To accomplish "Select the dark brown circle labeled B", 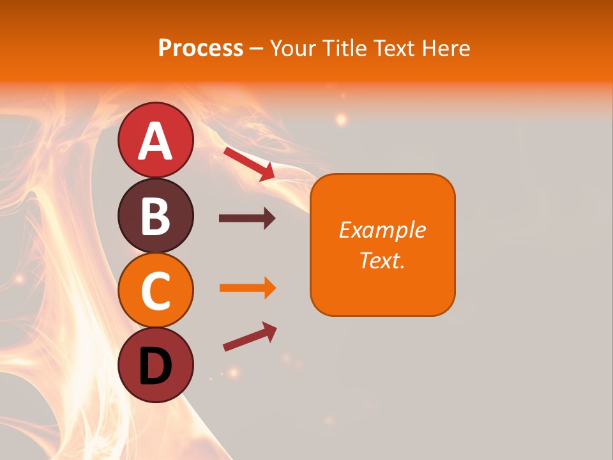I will coord(155,215).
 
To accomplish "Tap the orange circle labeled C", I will coord(155,291).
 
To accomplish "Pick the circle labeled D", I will coord(155,365).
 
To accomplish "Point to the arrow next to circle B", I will coord(247,218).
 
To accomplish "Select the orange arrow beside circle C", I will coord(248,288).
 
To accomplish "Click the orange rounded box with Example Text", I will coord(382,245).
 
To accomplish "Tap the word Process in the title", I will coord(201,48).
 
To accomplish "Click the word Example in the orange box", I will coord(382,230).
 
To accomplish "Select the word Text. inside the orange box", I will coord(382,260).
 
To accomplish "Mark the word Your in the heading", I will coord(293,48).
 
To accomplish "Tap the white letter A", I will coord(155,142).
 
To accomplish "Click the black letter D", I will coord(155,367).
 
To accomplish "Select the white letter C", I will coord(155,291).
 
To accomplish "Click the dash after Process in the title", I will coord(257,49).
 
